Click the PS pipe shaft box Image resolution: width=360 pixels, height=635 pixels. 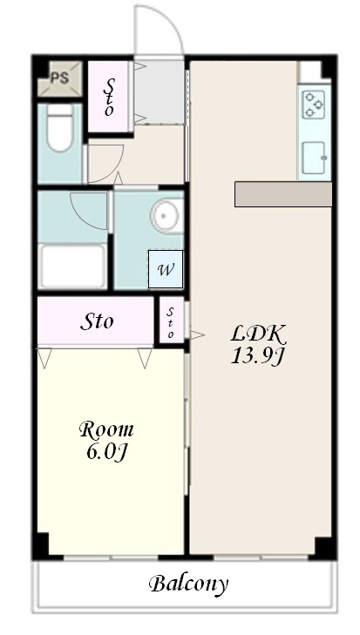(60, 78)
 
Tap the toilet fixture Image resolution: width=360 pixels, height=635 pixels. (59, 127)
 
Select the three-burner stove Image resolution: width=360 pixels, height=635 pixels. (314, 105)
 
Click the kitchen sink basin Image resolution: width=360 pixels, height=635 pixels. (314, 158)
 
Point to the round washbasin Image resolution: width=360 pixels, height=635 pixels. (166, 216)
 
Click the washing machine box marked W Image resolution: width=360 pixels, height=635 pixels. (166, 269)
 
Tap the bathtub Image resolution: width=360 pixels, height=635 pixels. (72, 266)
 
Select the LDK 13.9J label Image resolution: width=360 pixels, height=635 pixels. (258, 345)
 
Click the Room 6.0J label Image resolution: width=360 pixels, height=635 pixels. (106, 441)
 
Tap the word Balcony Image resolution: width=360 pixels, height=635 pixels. (188, 584)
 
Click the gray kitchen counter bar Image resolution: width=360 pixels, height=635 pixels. (283, 194)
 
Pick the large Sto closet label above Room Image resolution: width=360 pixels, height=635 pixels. (97, 321)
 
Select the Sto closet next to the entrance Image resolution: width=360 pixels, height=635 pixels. (108, 96)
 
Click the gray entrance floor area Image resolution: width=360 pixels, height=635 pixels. (160, 91)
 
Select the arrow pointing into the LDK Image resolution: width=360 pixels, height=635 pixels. (198, 334)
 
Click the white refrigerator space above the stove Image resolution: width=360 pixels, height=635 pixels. (310, 71)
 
